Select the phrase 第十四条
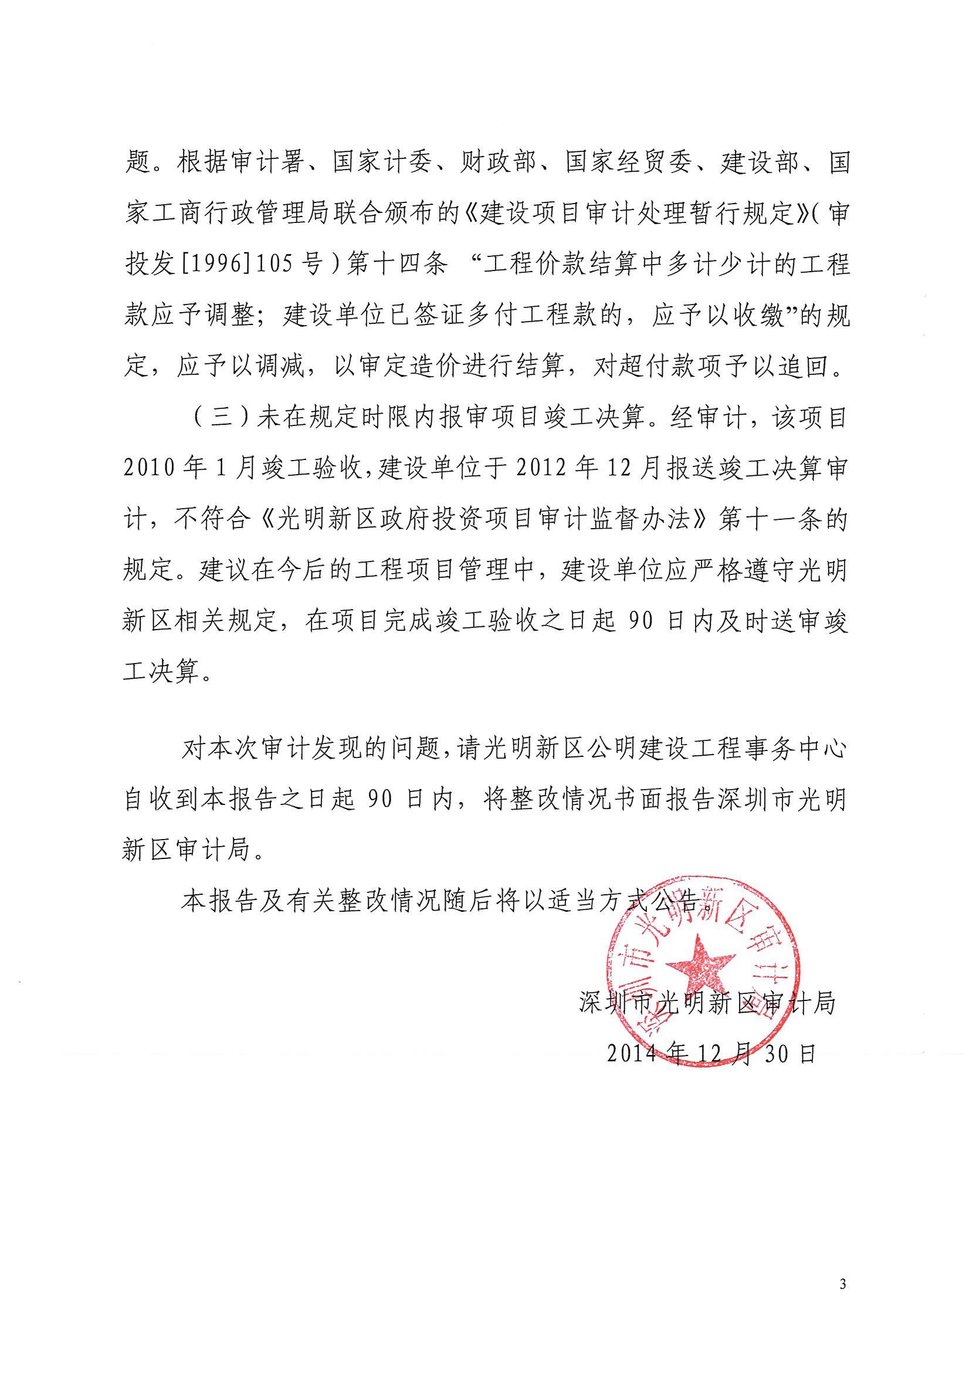coord(396,264)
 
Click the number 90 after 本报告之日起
coord(387,800)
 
